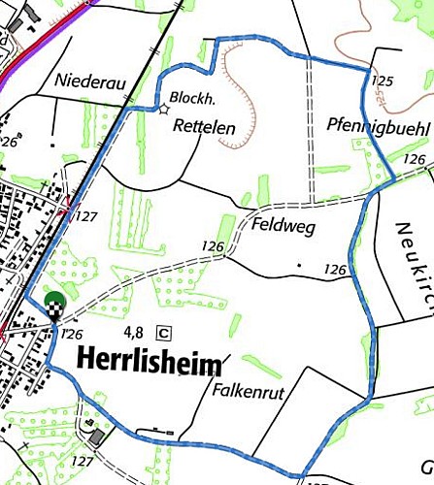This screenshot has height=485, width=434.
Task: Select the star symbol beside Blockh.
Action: click(162, 109)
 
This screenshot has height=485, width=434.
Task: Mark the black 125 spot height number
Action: click(384, 81)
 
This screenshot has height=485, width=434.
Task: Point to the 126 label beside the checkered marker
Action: click(70, 334)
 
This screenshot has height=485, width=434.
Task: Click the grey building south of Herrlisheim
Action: click(95, 436)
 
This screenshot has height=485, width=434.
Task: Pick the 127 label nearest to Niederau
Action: click(85, 216)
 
